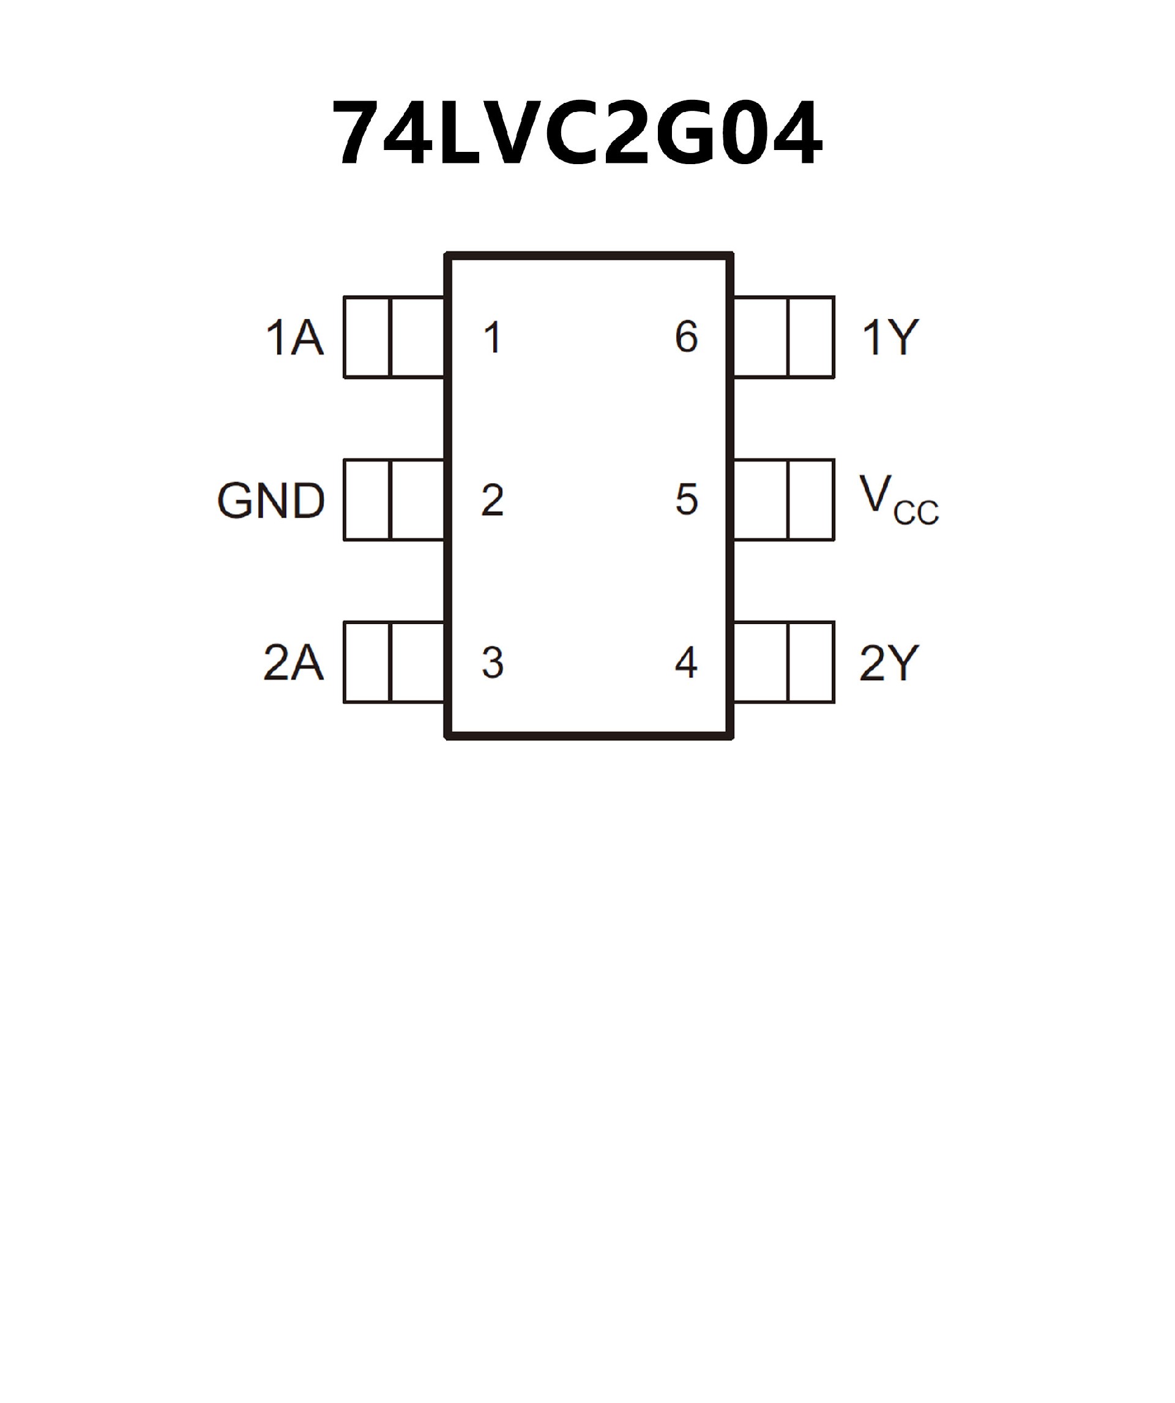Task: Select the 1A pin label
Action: pos(295,338)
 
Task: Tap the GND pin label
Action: pos(271,501)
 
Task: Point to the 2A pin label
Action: pos(294,663)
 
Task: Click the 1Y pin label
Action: pos(890,338)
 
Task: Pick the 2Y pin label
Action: pos(889,663)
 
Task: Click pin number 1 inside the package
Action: pos(493,338)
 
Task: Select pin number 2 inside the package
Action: pos(493,500)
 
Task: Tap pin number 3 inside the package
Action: pos(493,663)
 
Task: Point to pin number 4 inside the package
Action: pos(686,663)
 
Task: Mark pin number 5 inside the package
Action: pos(686,500)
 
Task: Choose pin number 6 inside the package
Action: pos(686,337)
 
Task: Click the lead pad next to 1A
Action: pos(394,337)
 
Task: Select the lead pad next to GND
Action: pos(394,500)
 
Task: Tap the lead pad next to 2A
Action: pos(394,663)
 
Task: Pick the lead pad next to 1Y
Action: pos(784,337)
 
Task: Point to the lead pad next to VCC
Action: pos(784,500)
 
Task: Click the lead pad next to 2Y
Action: pos(784,663)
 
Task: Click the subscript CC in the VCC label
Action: pos(916,514)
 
